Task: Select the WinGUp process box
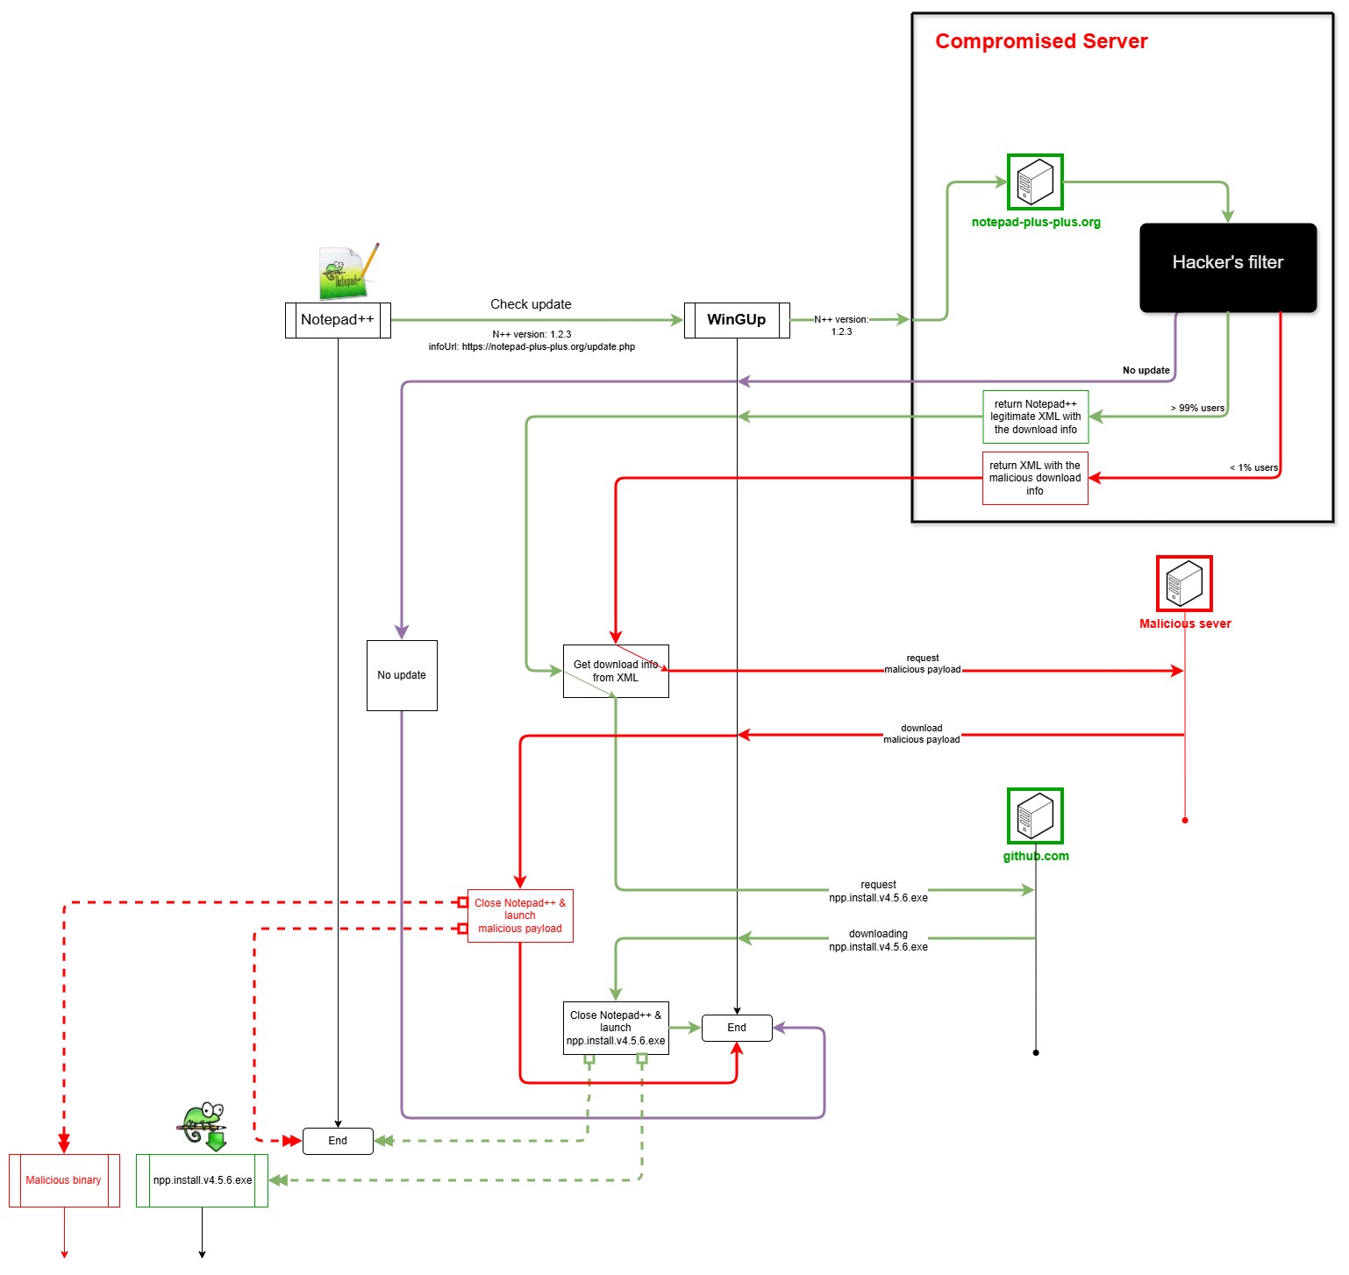coord(737,320)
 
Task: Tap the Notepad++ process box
coord(338,320)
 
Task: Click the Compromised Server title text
coord(1041,41)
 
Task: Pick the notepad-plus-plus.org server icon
coord(1035,182)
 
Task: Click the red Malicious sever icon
coord(1184,583)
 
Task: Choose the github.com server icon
coord(1035,816)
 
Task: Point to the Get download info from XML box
coord(616,672)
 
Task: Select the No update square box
coord(402,675)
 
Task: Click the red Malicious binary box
coord(64,1180)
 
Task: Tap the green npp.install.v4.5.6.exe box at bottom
coord(202,1180)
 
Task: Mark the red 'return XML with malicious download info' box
coord(1035,478)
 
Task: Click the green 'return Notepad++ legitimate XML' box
coord(1035,417)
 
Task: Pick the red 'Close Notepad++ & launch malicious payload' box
coord(520,915)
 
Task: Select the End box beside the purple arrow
coord(737,1028)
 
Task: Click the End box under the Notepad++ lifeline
coord(338,1141)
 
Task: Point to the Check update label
coord(531,304)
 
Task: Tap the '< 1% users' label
coord(1253,467)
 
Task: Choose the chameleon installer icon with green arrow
coord(203,1125)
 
